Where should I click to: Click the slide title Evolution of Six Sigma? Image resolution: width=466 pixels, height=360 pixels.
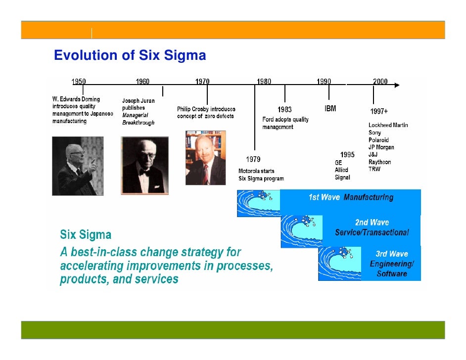pyautogui.click(x=130, y=55)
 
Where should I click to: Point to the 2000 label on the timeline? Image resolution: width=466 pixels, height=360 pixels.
pyautogui.click(x=380, y=82)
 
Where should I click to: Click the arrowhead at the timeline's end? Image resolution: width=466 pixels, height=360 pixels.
pyautogui.click(x=396, y=85)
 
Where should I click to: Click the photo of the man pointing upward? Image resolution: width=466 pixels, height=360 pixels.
pyautogui.click(x=78, y=166)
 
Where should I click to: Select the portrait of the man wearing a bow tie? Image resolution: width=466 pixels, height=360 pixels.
pyautogui.click(x=144, y=165)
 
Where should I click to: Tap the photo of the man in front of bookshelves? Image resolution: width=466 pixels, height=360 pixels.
pyautogui.click(x=205, y=158)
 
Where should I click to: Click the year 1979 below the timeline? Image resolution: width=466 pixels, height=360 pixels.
pyautogui.click(x=254, y=160)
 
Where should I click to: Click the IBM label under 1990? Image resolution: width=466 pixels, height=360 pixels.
pyautogui.click(x=330, y=109)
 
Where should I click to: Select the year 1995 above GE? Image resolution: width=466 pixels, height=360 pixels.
pyautogui.click(x=347, y=155)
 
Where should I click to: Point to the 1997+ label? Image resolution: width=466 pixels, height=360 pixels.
pyautogui.click(x=379, y=111)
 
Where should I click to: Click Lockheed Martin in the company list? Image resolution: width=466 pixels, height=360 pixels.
pyautogui.click(x=388, y=125)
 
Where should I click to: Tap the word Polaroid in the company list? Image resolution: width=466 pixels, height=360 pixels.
pyautogui.click(x=378, y=140)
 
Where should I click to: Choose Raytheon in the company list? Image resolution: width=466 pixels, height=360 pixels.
pyautogui.click(x=379, y=162)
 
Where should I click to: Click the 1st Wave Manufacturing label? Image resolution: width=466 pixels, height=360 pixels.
pyautogui.click(x=351, y=197)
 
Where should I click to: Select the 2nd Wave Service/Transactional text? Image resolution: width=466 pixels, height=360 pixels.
pyautogui.click(x=372, y=228)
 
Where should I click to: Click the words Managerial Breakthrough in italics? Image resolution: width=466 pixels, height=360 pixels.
pyautogui.click(x=138, y=119)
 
